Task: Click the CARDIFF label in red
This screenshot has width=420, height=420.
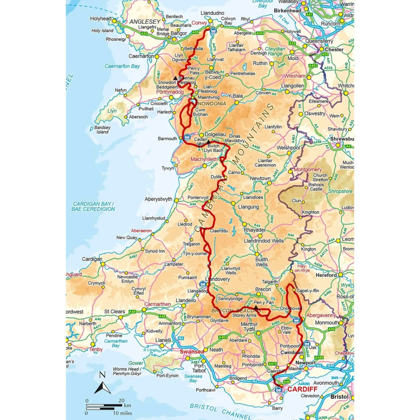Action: pos(302,389)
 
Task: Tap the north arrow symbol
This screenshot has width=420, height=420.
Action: pos(102,384)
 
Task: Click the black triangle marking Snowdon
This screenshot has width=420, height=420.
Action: pos(176,78)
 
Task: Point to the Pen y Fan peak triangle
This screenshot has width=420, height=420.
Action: pos(256,307)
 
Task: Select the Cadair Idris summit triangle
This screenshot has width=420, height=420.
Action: pos(208,142)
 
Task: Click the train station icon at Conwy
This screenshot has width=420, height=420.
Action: pos(213,31)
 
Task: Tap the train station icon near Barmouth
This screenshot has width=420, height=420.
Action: pos(187,137)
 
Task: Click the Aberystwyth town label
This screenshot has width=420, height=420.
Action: pos(158,199)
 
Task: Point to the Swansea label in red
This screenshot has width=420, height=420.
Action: pos(192,351)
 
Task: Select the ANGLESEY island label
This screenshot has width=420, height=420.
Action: pos(145,22)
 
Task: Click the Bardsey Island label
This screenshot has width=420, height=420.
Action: pos(102,130)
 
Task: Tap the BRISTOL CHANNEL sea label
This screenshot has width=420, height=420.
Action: pos(220,411)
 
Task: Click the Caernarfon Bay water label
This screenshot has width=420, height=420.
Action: pos(122,66)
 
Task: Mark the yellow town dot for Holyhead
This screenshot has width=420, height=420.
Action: pos(114,21)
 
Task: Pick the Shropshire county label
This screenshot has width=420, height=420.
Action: pos(340,191)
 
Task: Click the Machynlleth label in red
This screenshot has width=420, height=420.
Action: pos(204,159)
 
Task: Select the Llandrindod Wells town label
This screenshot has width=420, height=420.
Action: pos(263,241)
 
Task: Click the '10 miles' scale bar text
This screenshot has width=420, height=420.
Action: pos(122,413)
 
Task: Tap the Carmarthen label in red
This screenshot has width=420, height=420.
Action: pos(157,304)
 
